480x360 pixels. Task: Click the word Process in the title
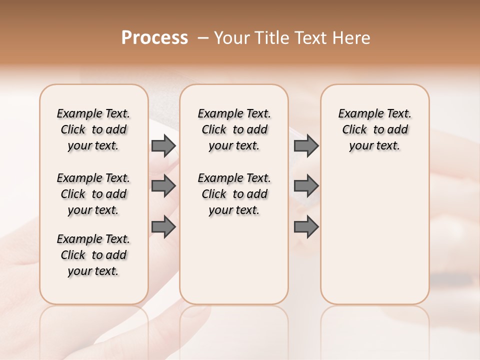[x=154, y=38]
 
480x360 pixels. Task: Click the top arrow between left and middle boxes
[x=163, y=145]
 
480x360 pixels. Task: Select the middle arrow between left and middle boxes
[x=163, y=186]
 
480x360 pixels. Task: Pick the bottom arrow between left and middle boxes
[x=163, y=227]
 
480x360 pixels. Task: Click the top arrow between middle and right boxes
[x=306, y=145]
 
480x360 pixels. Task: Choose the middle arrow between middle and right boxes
[x=306, y=186]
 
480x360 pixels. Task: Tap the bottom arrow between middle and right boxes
[x=306, y=227]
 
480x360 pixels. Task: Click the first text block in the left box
[x=93, y=129]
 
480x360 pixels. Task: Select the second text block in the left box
[x=93, y=194]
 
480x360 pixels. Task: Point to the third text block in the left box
[x=93, y=255]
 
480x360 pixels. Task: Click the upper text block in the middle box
[x=234, y=129]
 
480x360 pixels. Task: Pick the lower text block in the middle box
[x=234, y=194]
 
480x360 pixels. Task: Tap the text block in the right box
[x=374, y=129]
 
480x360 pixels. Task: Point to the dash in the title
[x=202, y=38]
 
